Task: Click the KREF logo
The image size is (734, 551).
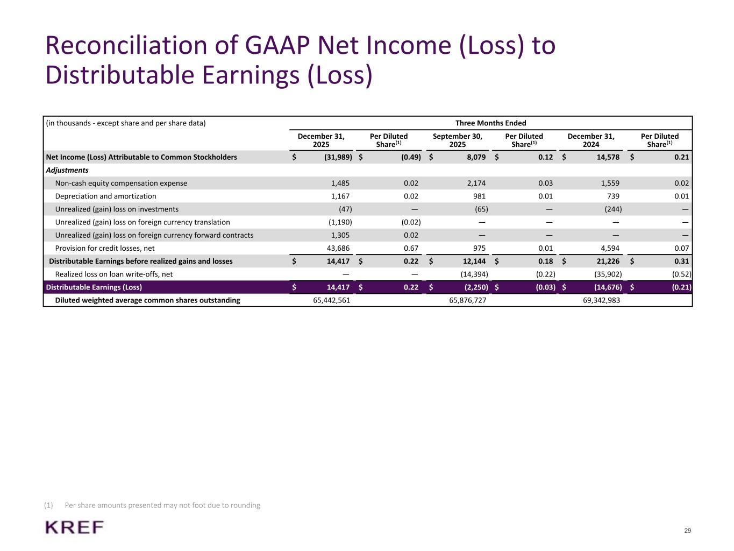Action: [75, 527]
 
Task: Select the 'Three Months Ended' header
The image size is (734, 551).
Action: [490, 123]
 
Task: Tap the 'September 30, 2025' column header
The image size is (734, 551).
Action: [457, 140]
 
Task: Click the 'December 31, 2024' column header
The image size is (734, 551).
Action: [591, 140]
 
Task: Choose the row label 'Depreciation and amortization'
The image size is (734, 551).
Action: [105, 196]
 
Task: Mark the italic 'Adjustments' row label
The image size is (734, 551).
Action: [67, 170]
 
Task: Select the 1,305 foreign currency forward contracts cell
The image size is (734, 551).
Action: [340, 235]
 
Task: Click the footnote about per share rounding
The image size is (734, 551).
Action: [162, 505]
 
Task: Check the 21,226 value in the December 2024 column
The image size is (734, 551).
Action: [608, 262]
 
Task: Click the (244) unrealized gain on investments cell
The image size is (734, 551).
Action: [612, 209]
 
